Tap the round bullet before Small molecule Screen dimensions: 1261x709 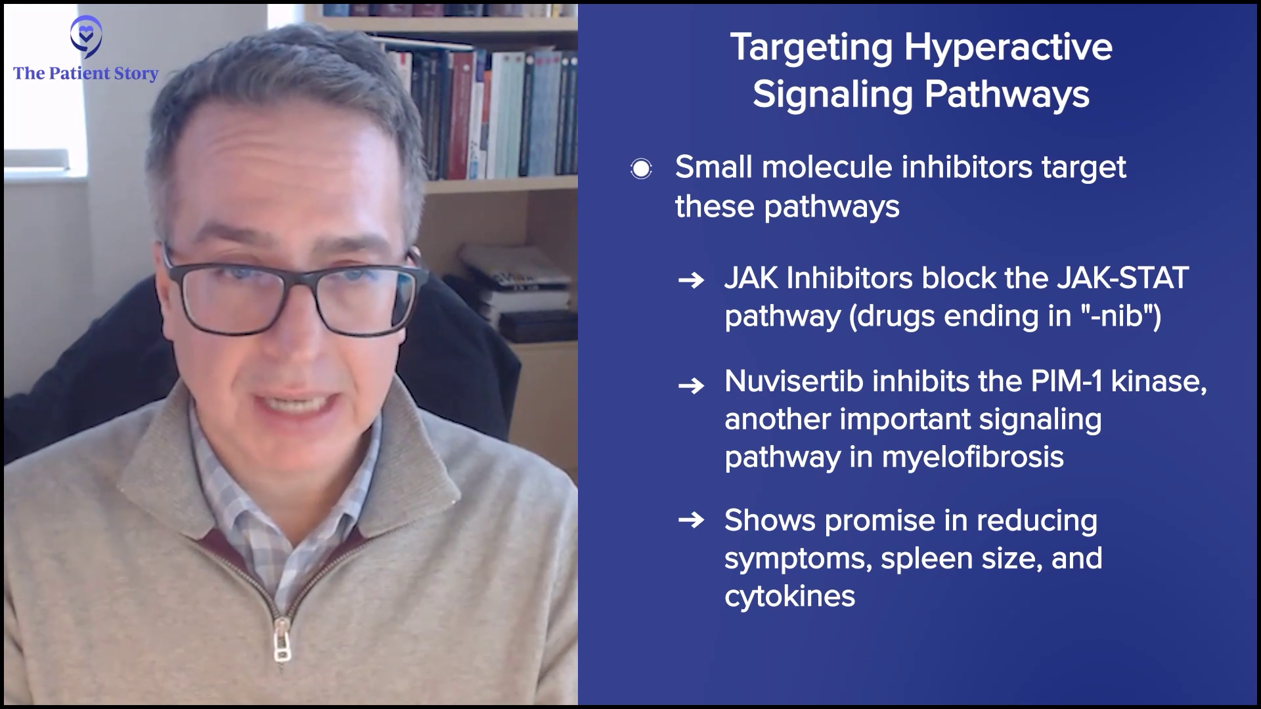pos(641,169)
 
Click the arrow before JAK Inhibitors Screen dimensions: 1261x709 pos(691,282)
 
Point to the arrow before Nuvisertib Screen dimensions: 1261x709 pos(691,385)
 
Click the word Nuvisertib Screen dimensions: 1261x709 pos(793,381)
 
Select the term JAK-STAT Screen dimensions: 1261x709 pos(1122,278)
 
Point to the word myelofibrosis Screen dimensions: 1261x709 pos(973,457)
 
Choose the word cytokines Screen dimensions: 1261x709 pos(789,597)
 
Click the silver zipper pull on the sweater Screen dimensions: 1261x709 pos(282,641)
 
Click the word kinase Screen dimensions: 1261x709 pos(1159,381)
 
